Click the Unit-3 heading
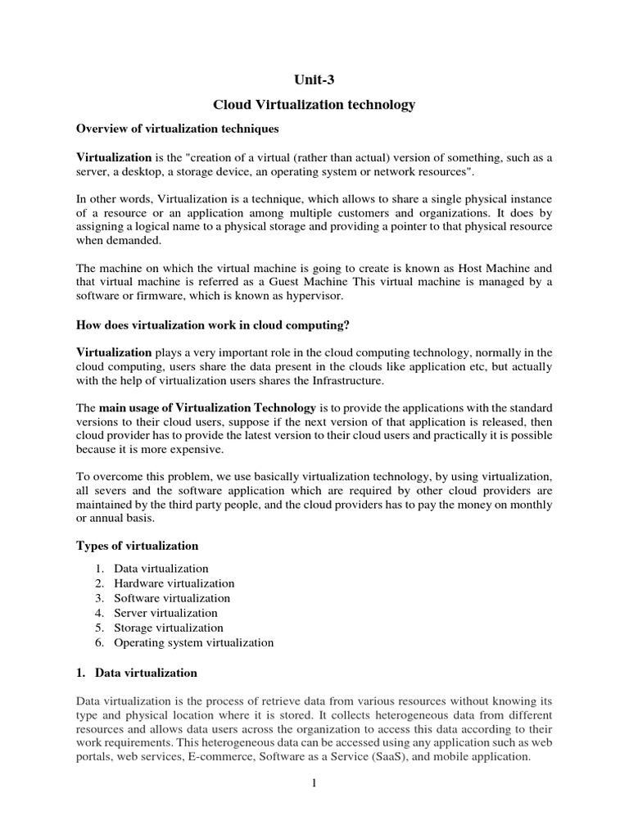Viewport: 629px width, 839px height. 314,79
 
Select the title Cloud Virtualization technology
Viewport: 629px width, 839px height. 314,105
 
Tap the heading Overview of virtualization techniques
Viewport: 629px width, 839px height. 178,129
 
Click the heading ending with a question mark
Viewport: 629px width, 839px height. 213,325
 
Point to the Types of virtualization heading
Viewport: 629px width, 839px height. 137,546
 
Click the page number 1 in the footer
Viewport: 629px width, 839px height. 314,783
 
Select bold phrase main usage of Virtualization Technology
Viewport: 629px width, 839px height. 207,407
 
